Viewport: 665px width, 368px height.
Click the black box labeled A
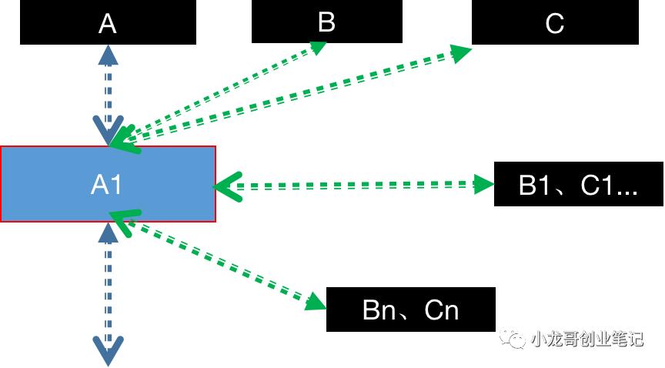pyautogui.click(x=108, y=22)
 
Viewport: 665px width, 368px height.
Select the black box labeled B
pyautogui.click(x=326, y=22)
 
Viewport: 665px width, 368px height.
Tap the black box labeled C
pyautogui.click(x=554, y=23)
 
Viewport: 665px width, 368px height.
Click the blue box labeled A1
pyautogui.click(x=108, y=184)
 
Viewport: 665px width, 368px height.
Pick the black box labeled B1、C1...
pyautogui.click(x=578, y=185)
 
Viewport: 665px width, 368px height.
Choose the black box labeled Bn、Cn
pyautogui.click(x=410, y=309)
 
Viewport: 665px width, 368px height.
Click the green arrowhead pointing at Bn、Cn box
pyautogui.click(x=315, y=301)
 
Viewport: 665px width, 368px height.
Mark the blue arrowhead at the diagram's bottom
pyautogui.click(x=109, y=350)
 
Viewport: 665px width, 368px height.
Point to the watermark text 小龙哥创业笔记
pyautogui.click(x=586, y=338)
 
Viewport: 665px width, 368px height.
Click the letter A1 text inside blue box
pyautogui.click(x=107, y=185)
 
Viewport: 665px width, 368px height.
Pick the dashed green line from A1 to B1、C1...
pyautogui.click(x=354, y=185)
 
